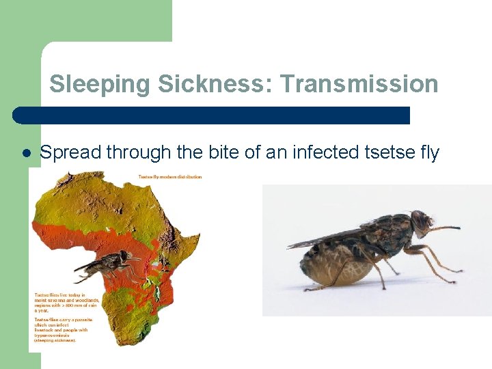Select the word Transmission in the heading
359,84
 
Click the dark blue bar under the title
212,115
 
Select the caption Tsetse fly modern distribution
170,177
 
